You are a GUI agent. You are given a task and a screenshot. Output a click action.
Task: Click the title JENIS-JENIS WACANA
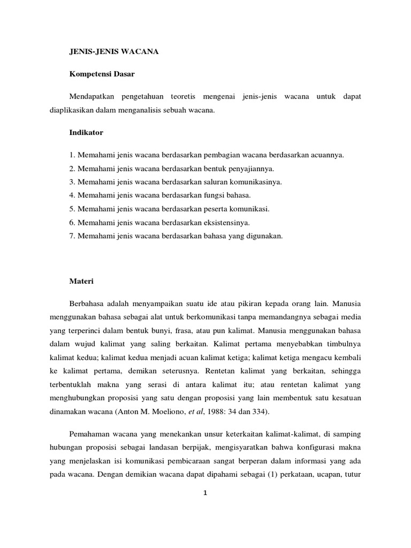(x=114, y=52)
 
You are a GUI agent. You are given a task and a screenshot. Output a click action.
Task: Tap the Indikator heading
(x=86, y=131)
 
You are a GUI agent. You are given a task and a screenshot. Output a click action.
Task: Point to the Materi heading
(x=82, y=280)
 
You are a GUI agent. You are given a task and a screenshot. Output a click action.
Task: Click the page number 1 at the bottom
(x=205, y=493)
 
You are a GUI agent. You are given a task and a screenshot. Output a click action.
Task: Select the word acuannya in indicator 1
(x=326, y=155)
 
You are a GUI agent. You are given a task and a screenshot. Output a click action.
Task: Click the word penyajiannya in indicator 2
(x=252, y=169)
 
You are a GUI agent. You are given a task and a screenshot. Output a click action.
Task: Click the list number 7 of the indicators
(x=71, y=235)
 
